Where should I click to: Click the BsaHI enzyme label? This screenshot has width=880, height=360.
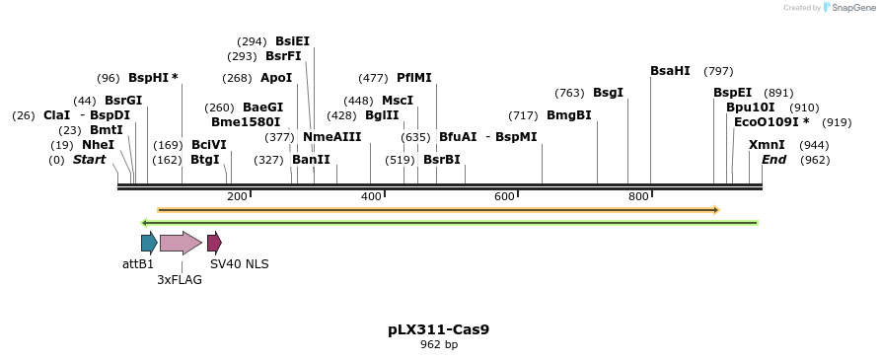[x=670, y=71]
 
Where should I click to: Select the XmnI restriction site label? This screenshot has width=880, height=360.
[x=767, y=145]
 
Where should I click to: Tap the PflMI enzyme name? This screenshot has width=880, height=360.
[x=414, y=78]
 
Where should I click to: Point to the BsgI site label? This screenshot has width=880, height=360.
[x=608, y=93]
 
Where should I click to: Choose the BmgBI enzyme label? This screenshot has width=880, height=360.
[x=569, y=115]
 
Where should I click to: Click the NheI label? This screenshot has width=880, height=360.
[x=98, y=145]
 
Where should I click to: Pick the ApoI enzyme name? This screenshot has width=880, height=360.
[x=276, y=78]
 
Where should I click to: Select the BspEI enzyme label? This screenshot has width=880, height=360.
[x=732, y=93]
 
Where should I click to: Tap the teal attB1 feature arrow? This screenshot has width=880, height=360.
[x=149, y=243]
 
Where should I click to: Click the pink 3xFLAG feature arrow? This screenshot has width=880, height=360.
[x=181, y=243]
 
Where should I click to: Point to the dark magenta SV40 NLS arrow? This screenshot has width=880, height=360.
[x=214, y=243]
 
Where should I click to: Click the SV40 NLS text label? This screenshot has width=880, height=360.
[x=239, y=264]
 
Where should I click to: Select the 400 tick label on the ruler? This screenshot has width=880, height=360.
[x=371, y=197]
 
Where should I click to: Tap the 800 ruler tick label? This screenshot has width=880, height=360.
[x=638, y=197]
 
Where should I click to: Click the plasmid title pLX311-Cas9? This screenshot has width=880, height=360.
[x=439, y=329]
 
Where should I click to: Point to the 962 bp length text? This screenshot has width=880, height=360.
[x=439, y=345]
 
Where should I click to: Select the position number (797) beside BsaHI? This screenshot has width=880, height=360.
[x=718, y=71]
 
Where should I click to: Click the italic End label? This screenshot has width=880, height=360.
[x=773, y=160]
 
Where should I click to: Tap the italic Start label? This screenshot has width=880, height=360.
[x=89, y=160]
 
